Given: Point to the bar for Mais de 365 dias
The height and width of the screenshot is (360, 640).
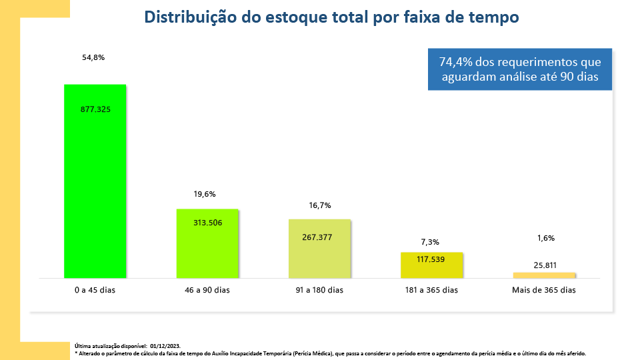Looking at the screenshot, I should click(544, 275).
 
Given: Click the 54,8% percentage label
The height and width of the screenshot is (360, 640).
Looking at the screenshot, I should click(93, 58).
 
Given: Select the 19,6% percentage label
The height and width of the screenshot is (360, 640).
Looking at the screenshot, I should click(205, 194).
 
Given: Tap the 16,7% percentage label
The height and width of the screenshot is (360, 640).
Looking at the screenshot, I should click(320, 205).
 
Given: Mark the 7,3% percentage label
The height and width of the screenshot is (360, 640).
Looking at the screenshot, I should click(430, 242).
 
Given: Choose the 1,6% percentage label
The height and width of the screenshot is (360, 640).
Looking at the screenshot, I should click(545, 238).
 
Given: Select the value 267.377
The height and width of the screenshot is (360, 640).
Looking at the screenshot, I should click(317, 237).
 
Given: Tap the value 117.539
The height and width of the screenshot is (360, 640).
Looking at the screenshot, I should click(429, 258).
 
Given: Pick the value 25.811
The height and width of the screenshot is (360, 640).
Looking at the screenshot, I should click(545, 265).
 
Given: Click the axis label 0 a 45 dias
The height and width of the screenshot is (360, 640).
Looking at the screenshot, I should click(95, 290).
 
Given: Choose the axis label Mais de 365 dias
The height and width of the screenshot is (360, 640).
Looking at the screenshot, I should click(543, 290).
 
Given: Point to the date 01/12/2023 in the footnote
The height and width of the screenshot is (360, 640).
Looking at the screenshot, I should click(165, 346).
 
